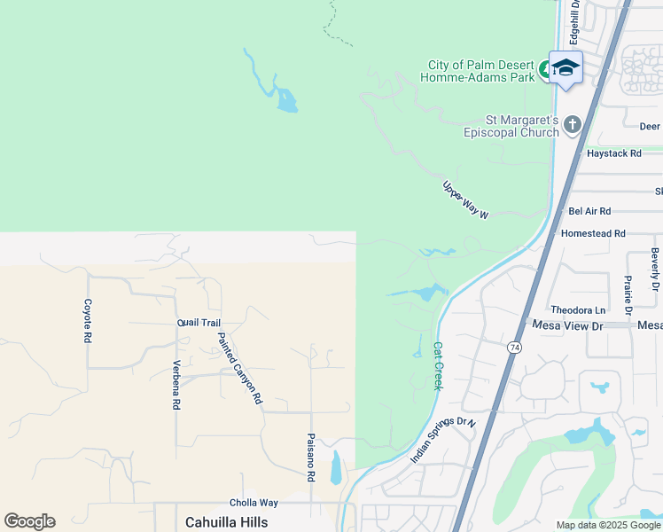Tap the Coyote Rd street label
click(88, 320)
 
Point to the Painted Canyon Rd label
click(240, 368)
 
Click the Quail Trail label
click(199, 323)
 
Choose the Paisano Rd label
click(311, 457)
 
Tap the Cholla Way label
click(255, 503)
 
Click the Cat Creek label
click(437, 365)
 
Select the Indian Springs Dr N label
click(443, 440)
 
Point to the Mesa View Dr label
click(566, 325)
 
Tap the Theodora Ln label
click(578, 309)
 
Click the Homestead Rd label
click(593, 233)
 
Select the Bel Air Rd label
click(589, 211)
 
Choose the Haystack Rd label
click(613, 153)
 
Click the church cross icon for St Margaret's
click(572, 125)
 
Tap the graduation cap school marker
click(565, 68)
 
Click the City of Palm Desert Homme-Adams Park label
click(481, 71)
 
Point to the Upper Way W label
click(465, 200)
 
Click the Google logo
click(29, 521)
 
